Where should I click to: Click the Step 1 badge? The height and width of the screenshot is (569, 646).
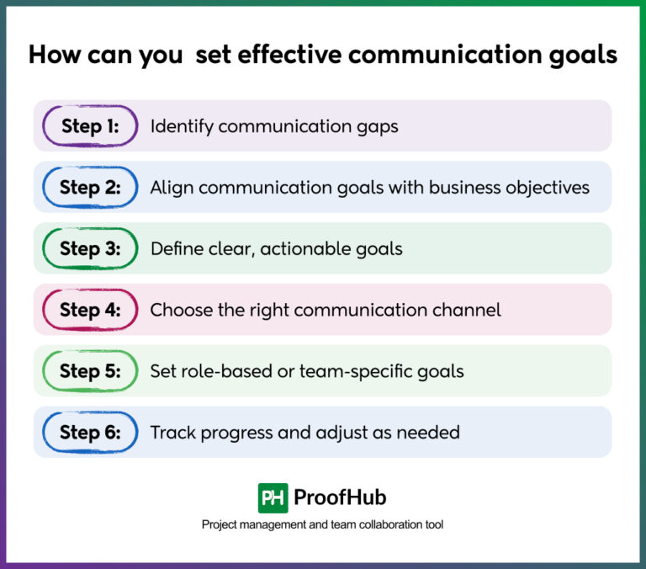(x=90, y=126)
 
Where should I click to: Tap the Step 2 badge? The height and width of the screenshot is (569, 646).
(x=90, y=188)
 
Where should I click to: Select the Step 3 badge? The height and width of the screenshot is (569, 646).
(x=90, y=249)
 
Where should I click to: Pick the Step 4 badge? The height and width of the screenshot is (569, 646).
(x=90, y=310)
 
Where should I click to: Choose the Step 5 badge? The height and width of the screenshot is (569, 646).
(x=90, y=371)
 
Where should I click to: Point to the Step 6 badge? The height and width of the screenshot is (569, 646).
(x=90, y=433)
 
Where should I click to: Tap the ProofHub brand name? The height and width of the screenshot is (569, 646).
(x=340, y=497)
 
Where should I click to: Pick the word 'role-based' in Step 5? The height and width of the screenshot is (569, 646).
(x=218, y=371)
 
